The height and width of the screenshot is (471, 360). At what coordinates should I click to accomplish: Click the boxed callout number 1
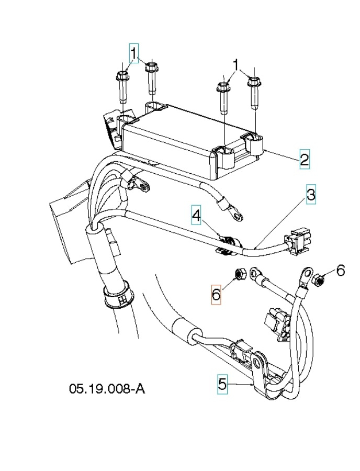click(x=134, y=53)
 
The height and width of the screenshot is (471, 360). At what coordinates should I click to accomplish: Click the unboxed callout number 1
click(x=235, y=64)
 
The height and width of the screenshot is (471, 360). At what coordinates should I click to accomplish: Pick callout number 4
click(x=196, y=215)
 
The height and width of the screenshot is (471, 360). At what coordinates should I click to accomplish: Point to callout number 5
click(x=222, y=385)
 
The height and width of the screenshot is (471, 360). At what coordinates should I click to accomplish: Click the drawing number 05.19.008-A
click(x=107, y=388)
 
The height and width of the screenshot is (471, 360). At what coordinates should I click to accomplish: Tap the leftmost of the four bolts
click(x=122, y=86)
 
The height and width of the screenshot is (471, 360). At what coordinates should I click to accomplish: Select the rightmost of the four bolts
click(x=254, y=92)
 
